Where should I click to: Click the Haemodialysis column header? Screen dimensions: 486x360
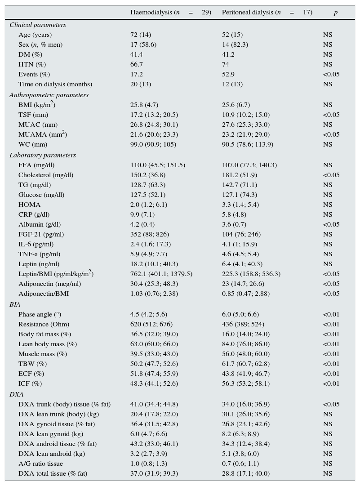tap(170, 13)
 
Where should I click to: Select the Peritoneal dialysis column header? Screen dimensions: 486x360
tap(267, 13)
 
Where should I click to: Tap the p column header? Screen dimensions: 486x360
tap(335, 13)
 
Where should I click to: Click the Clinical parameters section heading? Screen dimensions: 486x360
tap(38, 25)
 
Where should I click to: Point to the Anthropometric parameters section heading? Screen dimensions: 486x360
tap(49, 95)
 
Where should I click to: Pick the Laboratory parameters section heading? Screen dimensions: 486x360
tap(43, 156)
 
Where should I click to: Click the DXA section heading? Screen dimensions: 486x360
tap(17, 395)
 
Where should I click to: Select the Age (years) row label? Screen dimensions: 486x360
tap(35, 35)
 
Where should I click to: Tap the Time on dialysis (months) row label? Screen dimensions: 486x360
tap(55, 85)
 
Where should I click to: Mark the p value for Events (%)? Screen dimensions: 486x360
tap(331, 75)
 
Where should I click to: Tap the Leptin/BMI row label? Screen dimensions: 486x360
tap(56, 274)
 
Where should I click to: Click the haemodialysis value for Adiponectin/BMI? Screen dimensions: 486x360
tap(154, 294)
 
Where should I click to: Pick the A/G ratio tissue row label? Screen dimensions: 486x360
tap(40, 464)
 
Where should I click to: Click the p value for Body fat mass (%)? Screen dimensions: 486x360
tap(331, 334)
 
